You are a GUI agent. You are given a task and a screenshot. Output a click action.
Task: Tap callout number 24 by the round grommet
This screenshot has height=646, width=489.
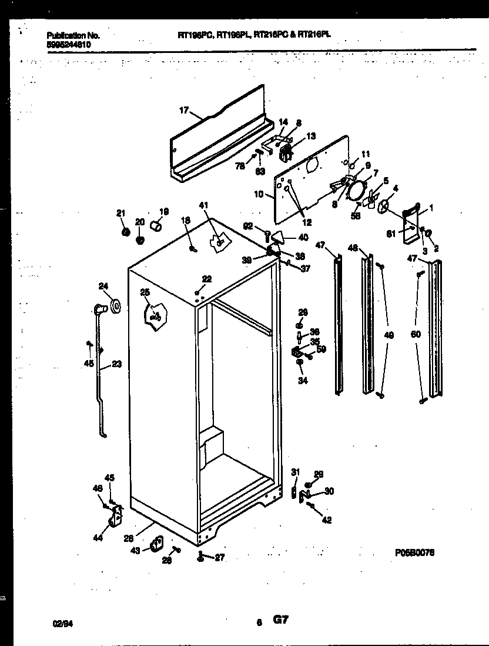103,287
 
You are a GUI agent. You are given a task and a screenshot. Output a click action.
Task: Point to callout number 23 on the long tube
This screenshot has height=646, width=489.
116,364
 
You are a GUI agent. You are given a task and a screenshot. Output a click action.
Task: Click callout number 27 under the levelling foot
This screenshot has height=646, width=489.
219,557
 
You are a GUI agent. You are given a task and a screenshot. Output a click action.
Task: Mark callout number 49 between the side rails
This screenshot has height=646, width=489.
388,335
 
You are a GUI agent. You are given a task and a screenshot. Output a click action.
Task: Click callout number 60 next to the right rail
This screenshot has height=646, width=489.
416,335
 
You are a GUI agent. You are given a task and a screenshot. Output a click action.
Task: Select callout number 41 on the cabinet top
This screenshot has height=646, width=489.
203,205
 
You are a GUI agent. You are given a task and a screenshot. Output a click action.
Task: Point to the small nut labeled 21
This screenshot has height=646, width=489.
124,232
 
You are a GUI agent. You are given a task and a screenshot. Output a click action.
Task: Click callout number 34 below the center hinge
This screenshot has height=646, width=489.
303,381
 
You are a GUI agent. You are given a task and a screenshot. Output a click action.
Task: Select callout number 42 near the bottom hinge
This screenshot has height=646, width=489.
327,520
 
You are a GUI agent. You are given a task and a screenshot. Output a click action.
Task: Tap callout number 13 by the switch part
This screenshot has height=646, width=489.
311,136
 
